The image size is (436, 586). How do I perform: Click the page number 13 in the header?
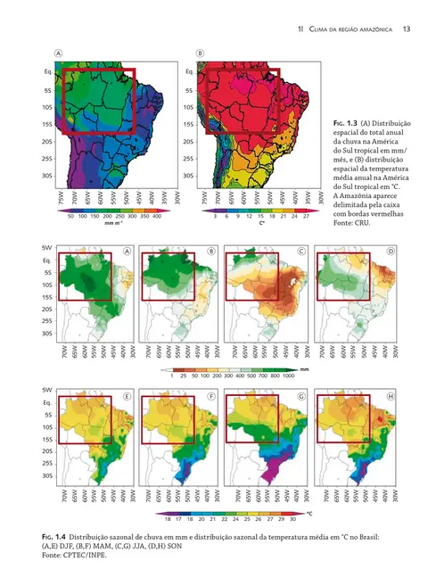click(405, 29)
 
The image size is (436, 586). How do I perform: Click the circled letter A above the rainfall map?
click(59, 54)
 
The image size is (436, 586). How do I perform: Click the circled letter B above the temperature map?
click(201, 54)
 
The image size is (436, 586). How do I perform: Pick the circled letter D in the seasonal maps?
click(389, 252)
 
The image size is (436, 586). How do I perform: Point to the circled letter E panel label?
click(128, 395)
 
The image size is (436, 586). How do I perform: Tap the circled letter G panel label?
click(301, 395)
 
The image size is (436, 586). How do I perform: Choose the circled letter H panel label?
click(389, 395)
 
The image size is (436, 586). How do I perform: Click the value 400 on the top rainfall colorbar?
click(156, 216)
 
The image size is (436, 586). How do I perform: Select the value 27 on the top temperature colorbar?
click(306, 216)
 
